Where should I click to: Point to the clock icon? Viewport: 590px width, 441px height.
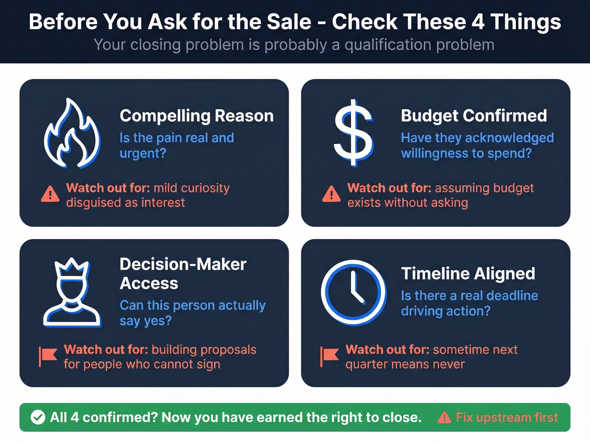pyautogui.click(x=353, y=292)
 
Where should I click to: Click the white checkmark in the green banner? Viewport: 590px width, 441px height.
pyautogui.click(x=38, y=417)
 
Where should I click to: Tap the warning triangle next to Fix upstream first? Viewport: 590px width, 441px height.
pyautogui.click(x=444, y=417)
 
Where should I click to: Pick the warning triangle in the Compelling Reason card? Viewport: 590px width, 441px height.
pyautogui.click(x=50, y=194)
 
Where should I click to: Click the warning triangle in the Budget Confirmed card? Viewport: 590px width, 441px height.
pyautogui.click(x=331, y=194)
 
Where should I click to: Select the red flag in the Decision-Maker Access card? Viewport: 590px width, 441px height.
pyautogui.click(x=48, y=356)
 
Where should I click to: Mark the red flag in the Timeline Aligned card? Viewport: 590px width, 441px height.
pyautogui.click(x=329, y=356)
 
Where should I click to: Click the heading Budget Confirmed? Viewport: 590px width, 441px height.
pyautogui.click(x=474, y=116)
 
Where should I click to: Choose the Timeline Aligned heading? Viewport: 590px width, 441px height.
pyautogui.click(x=468, y=273)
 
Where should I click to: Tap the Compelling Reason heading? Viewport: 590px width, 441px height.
pyautogui.click(x=196, y=116)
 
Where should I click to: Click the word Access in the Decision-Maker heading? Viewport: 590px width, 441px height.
pyautogui.click(x=149, y=284)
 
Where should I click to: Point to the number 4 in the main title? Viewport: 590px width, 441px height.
pyautogui.click(x=478, y=22)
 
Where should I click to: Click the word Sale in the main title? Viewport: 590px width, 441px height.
pyautogui.click(x=290, y=22)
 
